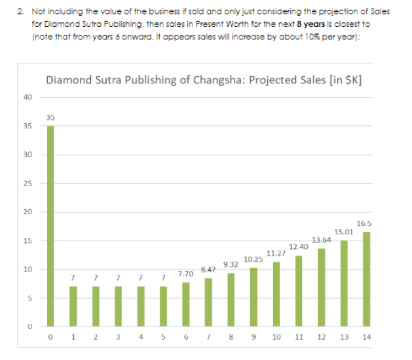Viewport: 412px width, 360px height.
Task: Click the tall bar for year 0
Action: pyautogui.click(x=50, y=226)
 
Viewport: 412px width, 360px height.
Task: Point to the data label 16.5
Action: pyautogui.click(x=365, y=224)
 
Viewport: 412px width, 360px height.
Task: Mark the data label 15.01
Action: pyautogui.click(x=343, y=232)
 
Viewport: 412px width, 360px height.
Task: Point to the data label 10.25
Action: pyautogui.click(x=253, y=260)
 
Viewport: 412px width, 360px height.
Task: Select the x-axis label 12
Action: pyautogui.click(x=321, y=339)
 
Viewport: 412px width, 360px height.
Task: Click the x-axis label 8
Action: pyautogui.click(x=231, y=339)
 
